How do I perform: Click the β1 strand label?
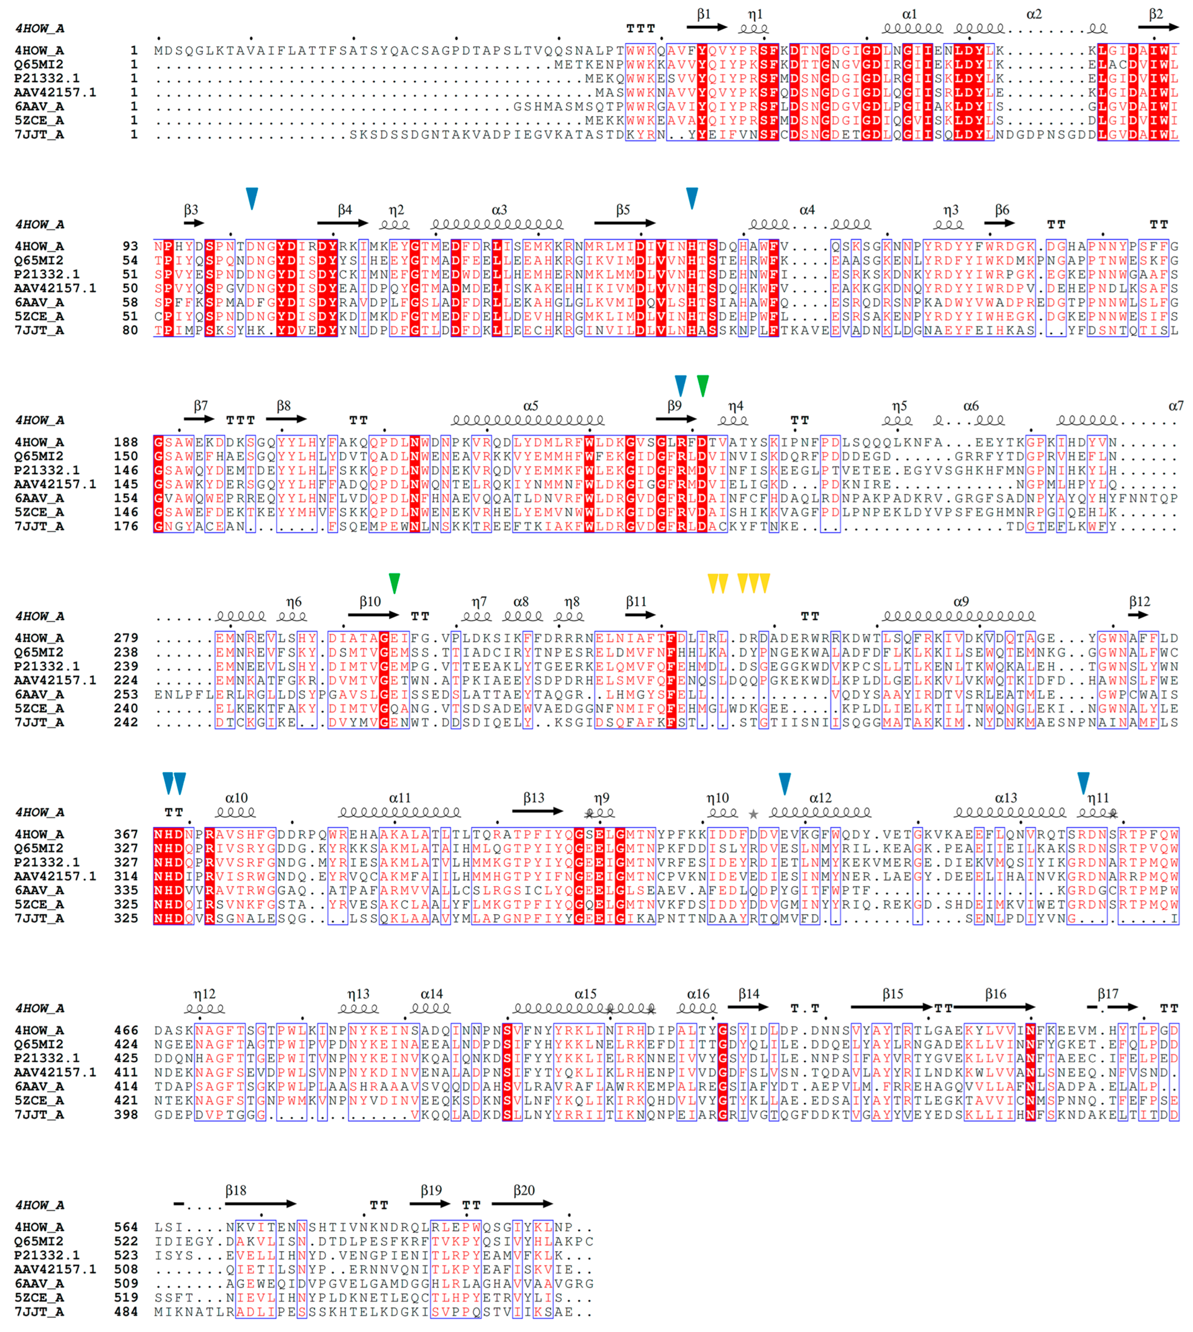tap(703, 14)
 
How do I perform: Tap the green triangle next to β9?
tap(703, 385)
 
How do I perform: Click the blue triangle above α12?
tap(785, 783)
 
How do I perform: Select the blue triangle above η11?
tap(1084, 783)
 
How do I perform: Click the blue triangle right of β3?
tap(252, 197)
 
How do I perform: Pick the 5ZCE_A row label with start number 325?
tap(39, 904)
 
